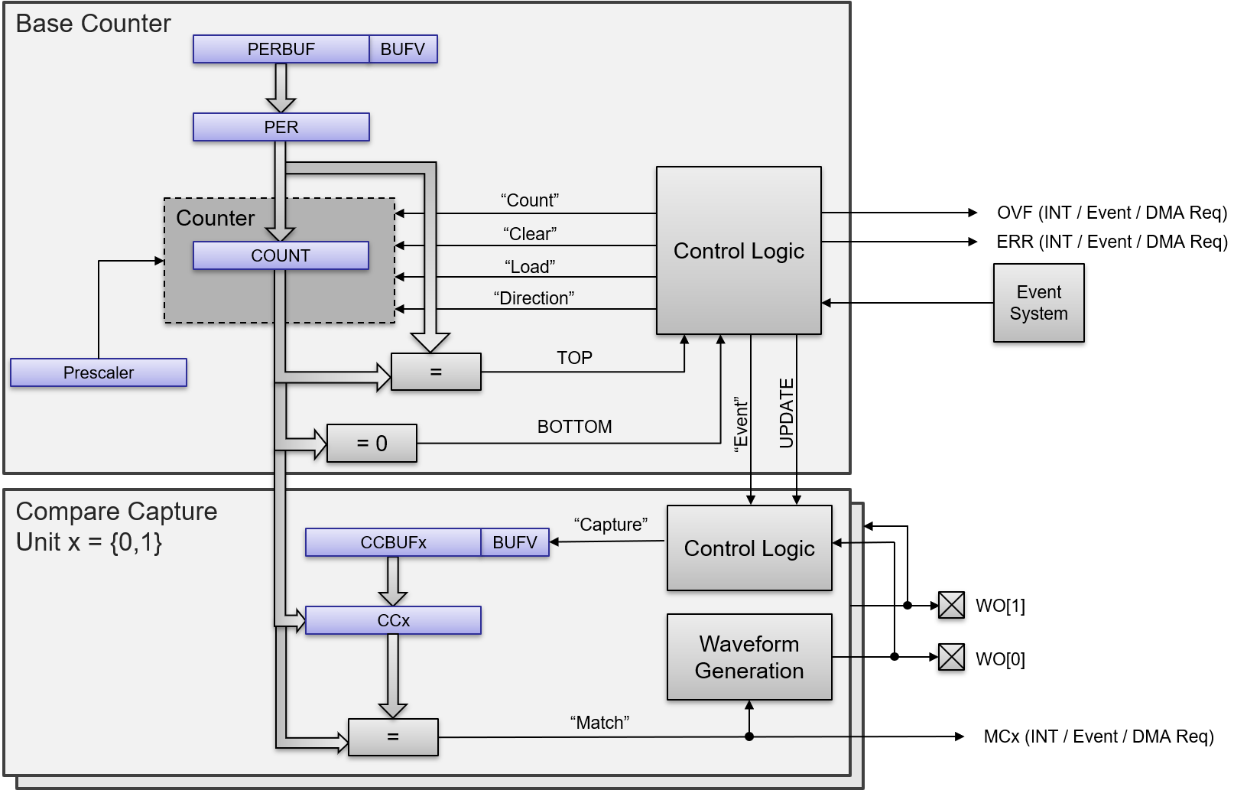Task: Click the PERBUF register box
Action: click(x=281, y=49)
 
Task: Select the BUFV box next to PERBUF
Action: click(x=403, y=49)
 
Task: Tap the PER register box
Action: click(x=281, y=127)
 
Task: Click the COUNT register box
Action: click(x=281, y=255)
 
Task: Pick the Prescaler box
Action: click(x=99, y=372)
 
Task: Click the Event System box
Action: click(x=1038, y=303)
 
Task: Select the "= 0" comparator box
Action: click(x=372, y=444)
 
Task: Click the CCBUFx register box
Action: click(x=393, y=542)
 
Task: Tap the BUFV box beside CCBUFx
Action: click(x=515, y=542)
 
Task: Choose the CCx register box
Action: click(x=393, y=620)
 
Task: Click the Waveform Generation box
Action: click(x=749, y=657)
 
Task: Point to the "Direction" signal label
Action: click(x=534, y=298)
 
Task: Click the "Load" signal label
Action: click(x=530, y=267)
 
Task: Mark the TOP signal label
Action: click(x=574, y=358)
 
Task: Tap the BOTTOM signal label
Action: click(x=574, y=427)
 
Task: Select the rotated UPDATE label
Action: click(x=787, y=413)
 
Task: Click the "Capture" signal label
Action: click(x=610, y=525)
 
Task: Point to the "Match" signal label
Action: click(x=599, y=723)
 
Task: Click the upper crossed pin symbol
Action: click(x=951, y=605)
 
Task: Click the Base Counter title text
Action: click(x=93, y=24)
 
